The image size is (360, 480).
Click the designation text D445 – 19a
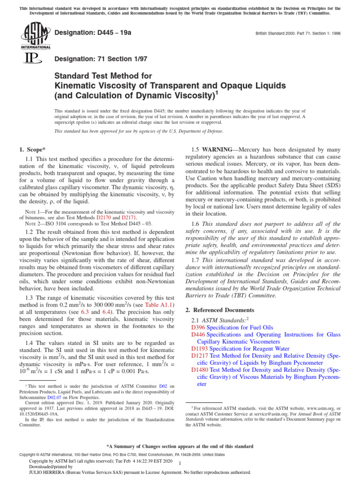click(94, 33)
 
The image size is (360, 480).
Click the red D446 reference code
click(198, 335)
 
